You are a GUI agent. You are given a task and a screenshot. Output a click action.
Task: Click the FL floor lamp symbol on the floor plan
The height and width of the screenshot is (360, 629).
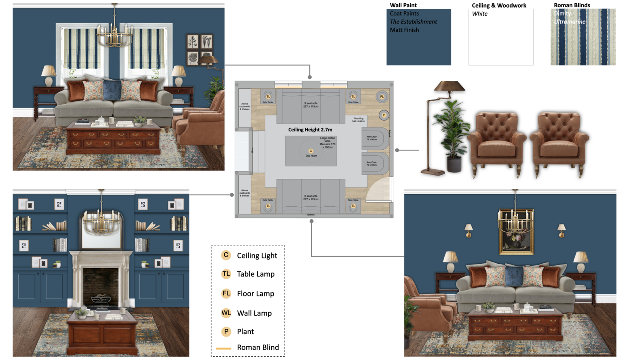coord(382,97)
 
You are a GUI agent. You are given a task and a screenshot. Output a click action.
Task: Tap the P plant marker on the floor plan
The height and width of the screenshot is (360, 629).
coord(384,115)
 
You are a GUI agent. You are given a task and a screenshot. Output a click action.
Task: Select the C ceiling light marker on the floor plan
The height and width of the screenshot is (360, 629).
coord(310,151)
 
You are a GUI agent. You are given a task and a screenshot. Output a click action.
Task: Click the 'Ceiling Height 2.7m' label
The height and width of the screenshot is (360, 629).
coord(310,129)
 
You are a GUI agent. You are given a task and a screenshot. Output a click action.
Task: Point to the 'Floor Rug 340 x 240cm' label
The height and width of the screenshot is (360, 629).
coord(358,120)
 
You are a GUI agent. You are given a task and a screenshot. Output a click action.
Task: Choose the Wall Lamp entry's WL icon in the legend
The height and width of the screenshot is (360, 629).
coord(226,313)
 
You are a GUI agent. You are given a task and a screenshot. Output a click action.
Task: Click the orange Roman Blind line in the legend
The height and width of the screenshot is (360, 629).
coord(224,348)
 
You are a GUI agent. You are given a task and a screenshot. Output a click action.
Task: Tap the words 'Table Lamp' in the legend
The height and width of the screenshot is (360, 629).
coord(255,274)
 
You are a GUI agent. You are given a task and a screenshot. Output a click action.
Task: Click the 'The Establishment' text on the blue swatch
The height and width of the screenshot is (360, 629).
coord(413,22)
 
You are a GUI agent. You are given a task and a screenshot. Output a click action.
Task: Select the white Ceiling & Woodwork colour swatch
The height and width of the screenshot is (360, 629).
coord(500,40)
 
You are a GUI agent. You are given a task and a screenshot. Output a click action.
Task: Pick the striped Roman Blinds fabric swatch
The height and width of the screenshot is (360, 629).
coord(583,40)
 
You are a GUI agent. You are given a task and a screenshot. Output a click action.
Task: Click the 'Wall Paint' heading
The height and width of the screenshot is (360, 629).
coord(403,5)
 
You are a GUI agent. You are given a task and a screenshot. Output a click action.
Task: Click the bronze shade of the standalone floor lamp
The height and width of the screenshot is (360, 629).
coord(449,86)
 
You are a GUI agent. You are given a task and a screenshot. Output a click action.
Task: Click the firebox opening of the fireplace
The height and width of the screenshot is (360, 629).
coord(101,287)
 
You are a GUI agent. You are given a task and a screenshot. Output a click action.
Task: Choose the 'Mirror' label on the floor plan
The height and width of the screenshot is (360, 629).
coord(252,150)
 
